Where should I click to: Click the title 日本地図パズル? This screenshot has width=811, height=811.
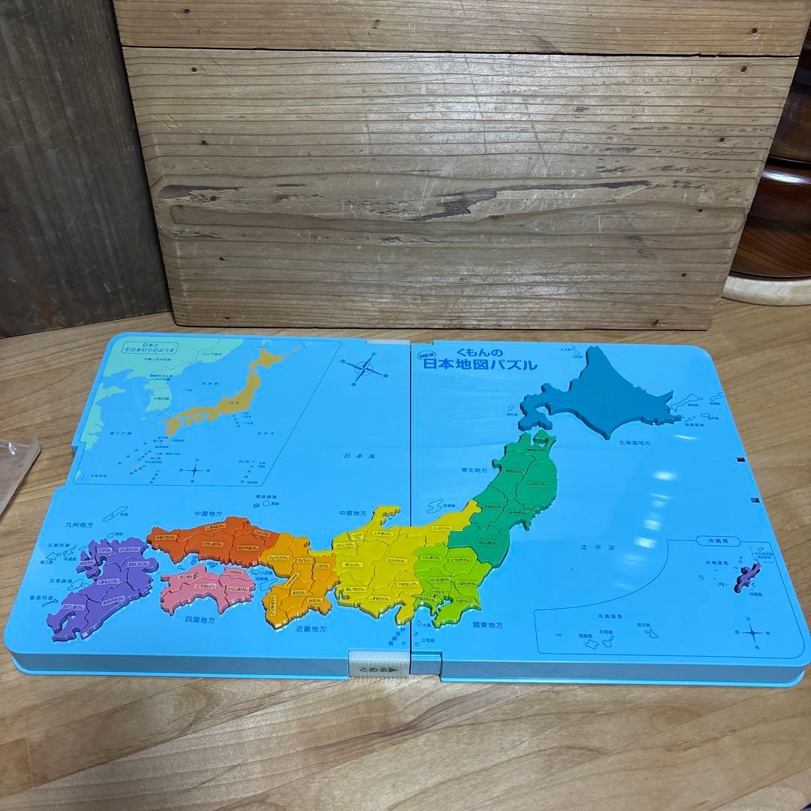point(481,365)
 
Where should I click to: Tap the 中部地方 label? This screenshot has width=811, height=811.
point(352,514)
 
